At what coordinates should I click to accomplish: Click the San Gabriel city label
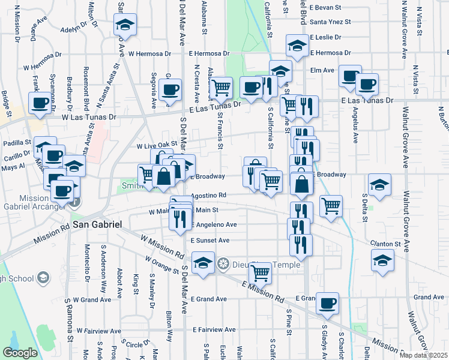[98, 224]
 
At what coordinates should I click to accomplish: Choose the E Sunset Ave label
[210, 240]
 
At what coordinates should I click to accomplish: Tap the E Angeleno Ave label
[213, 225]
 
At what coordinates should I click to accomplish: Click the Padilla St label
[17, 143]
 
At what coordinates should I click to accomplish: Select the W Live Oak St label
[157, 145]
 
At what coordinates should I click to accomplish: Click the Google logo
[20, 353]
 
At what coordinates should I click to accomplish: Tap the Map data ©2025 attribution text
[423, 355]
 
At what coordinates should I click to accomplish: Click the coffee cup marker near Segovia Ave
[169, 91]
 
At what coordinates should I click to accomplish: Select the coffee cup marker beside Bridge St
[40, 103]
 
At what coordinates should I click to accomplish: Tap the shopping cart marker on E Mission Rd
[260, 272]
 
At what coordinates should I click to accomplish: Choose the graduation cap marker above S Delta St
[379, 185]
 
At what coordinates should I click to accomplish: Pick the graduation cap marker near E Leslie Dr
[297, 46]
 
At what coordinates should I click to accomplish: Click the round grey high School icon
[42, 277]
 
